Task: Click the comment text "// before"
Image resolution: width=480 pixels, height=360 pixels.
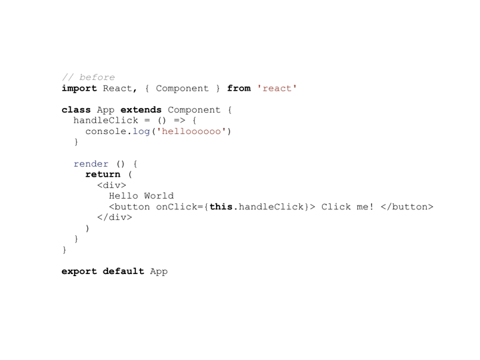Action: point(89,77)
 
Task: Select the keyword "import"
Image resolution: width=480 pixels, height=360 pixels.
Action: point(79,89)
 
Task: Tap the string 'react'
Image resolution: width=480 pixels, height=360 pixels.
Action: point(277,89)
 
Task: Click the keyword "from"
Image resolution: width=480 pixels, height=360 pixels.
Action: point(239,88)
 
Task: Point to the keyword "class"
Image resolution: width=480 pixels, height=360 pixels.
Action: point(76,109)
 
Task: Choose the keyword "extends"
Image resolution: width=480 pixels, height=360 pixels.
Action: point(141,109)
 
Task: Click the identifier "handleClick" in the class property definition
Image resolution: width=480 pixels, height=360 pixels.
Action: point(106,120)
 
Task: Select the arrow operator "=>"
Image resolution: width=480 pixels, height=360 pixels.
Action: point(179,121)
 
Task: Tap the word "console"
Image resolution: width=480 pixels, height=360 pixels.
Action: point(106,131)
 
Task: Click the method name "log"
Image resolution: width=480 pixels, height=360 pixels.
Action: point(141,131)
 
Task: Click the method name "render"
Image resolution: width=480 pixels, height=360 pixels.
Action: point(91,164)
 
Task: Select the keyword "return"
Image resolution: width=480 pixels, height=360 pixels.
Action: point(103,175)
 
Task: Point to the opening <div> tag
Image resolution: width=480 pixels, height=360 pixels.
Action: point(111,185)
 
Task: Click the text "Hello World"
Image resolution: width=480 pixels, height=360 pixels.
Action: point(141,196)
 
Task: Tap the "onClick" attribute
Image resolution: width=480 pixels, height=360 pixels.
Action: point(176,207)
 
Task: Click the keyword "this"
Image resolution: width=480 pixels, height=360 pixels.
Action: point(221,207)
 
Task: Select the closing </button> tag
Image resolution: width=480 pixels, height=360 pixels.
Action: point(407,207)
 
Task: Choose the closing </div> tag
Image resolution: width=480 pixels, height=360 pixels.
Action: point(115,217)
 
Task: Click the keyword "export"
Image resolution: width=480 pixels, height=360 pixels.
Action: point(79,271)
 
